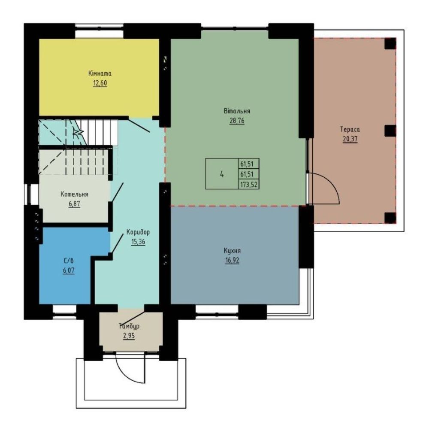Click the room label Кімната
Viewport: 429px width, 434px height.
(100, 74)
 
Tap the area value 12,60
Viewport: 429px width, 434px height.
(100, 83)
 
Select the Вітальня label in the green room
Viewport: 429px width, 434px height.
(237, 111)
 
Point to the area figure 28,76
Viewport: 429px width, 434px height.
(237, 121)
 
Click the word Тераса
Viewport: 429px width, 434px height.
(350, 129)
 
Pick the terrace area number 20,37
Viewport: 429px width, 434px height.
(350, 139)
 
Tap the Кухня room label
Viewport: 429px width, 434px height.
(233, 251)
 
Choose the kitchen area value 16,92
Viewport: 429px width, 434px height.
(233, 261)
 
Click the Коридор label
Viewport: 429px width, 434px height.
(138, 232)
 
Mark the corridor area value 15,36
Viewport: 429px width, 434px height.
(138, 242)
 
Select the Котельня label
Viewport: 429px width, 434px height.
(74, 194)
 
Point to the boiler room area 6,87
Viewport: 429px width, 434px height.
(74, 204)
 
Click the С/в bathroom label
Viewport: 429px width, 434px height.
(69, 261)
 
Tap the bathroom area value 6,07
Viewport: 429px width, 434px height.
(69, 270)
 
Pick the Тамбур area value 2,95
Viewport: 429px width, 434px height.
(129, 336)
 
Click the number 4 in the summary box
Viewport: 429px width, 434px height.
(222, 174)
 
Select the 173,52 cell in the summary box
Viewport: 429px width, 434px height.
(249, 184)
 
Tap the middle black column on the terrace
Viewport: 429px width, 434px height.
(390, 131)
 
